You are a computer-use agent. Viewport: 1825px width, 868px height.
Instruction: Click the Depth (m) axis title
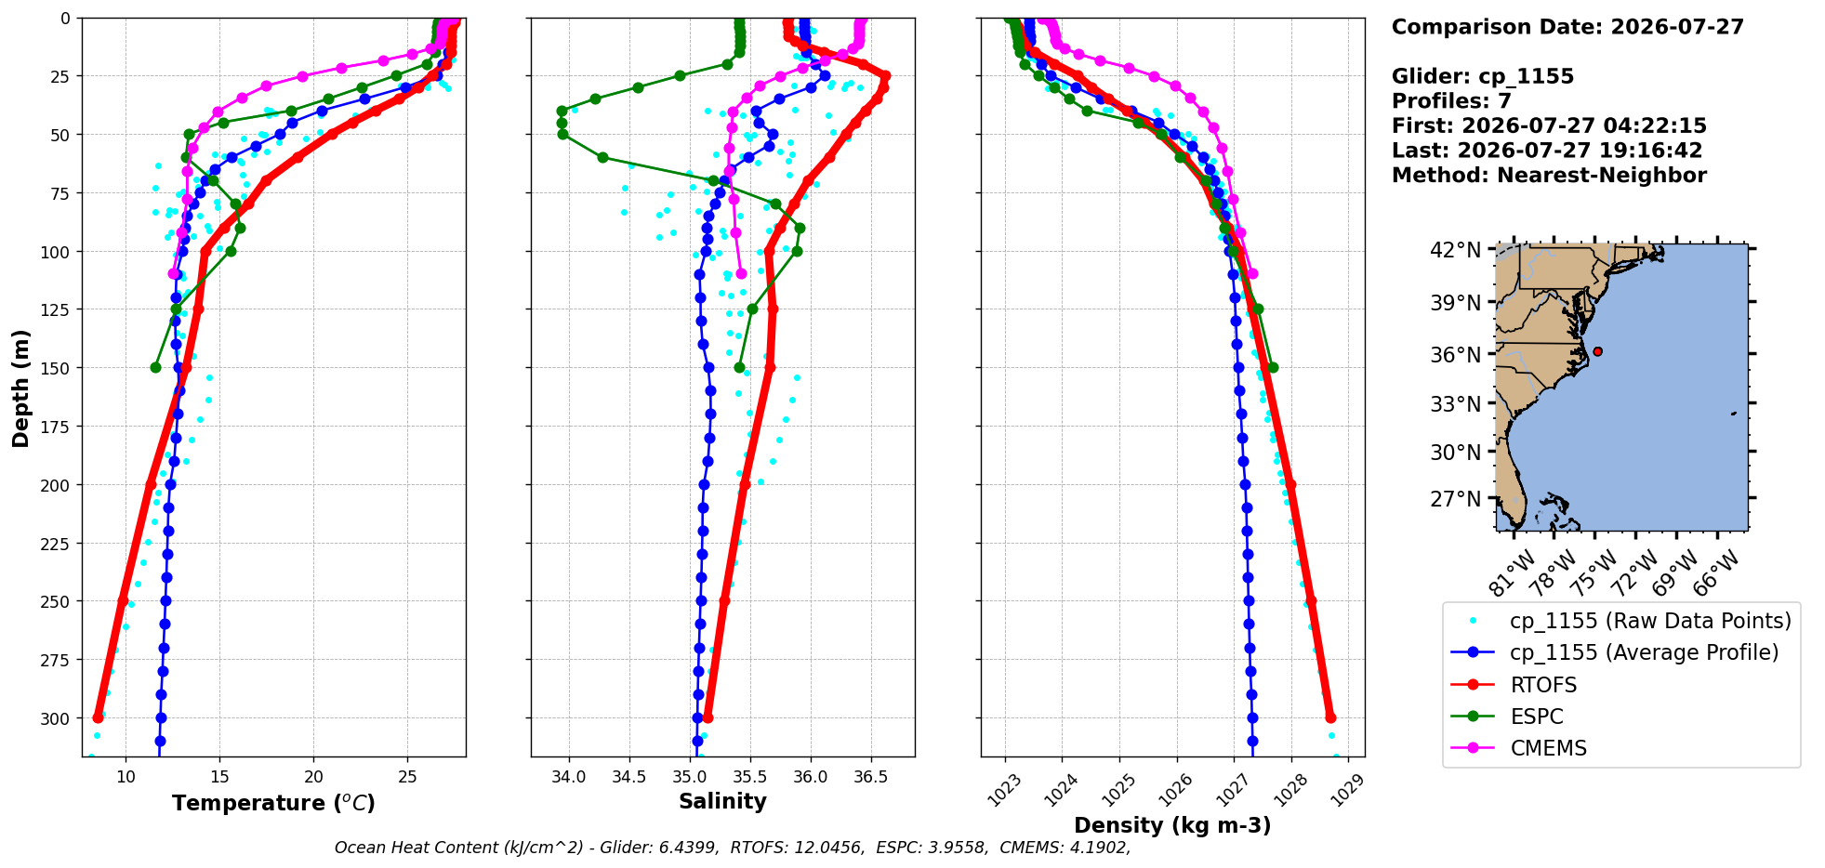click(20, 388)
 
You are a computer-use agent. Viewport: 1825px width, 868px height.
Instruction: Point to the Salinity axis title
click(722, 801)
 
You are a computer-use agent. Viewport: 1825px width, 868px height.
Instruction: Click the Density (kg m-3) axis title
click(1172, 825)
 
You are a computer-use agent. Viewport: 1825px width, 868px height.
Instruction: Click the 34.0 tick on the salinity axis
click(569, 777)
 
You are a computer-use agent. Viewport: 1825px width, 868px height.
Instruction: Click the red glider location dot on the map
click(1597, 351)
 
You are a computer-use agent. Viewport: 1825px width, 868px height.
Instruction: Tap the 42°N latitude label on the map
click(1456, 250)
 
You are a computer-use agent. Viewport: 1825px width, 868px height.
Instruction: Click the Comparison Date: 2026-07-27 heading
click(1567, 27)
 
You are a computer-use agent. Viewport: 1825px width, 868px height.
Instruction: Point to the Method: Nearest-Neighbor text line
click(1549, 176)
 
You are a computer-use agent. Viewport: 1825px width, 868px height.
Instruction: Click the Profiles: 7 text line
click(1451, 101)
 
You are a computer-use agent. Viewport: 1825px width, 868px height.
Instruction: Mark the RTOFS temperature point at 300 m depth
click(99, 717)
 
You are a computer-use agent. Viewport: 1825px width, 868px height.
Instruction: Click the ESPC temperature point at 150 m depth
click(155, 367)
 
